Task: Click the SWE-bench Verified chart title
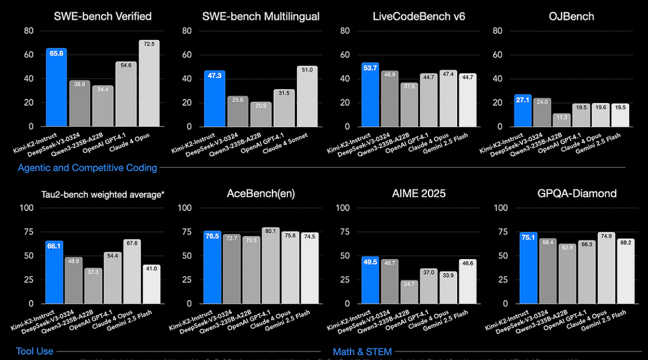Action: coord(103,17)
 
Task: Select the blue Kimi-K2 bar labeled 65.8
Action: coord(56,88)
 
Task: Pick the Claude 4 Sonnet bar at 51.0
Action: coord(307,97)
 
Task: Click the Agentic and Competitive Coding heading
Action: coord(88,168)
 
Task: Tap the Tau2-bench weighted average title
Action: coord(103,194)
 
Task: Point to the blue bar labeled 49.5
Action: coord(372,280)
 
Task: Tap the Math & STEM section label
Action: coord(362,351)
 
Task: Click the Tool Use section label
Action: coord(35,351)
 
